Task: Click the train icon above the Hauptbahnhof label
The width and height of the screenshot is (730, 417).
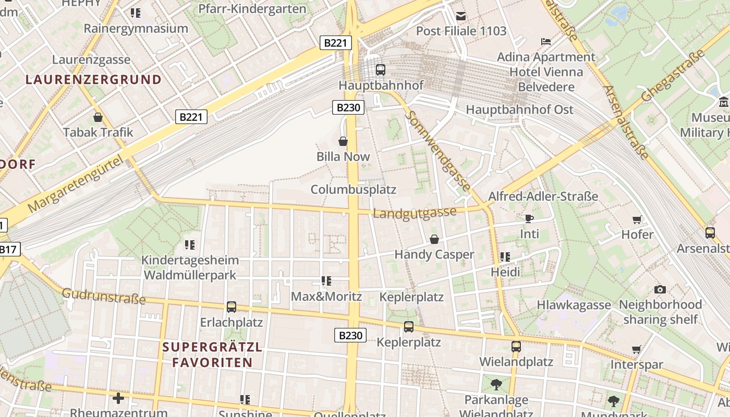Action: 381,69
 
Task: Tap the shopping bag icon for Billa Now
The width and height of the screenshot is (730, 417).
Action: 343,141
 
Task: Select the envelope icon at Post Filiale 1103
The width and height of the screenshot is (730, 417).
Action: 461,16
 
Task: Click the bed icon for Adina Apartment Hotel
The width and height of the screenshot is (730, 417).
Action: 546,41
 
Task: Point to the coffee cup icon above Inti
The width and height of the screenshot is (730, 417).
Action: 529,218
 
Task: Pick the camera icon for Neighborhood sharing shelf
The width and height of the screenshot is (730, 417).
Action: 660,289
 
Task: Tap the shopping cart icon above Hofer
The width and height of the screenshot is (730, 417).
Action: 637,219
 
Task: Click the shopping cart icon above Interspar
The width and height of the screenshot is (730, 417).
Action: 636,349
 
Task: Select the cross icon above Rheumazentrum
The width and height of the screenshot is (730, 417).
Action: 118,398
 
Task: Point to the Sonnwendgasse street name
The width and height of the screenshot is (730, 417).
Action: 437,151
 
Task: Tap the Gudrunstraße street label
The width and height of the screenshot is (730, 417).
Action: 104,296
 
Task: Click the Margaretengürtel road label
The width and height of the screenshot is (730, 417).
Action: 77,185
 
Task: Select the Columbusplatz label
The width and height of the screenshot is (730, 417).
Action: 354,189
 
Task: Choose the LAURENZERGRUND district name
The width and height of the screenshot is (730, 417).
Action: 93,80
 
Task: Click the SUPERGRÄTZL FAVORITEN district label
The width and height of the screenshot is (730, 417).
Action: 212,354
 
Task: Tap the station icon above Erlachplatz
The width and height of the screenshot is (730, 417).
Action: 232,307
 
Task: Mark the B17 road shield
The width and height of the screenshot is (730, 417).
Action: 8,249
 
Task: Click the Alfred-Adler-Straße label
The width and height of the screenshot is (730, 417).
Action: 543,197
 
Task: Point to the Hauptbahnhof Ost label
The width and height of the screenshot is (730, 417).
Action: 519,109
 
